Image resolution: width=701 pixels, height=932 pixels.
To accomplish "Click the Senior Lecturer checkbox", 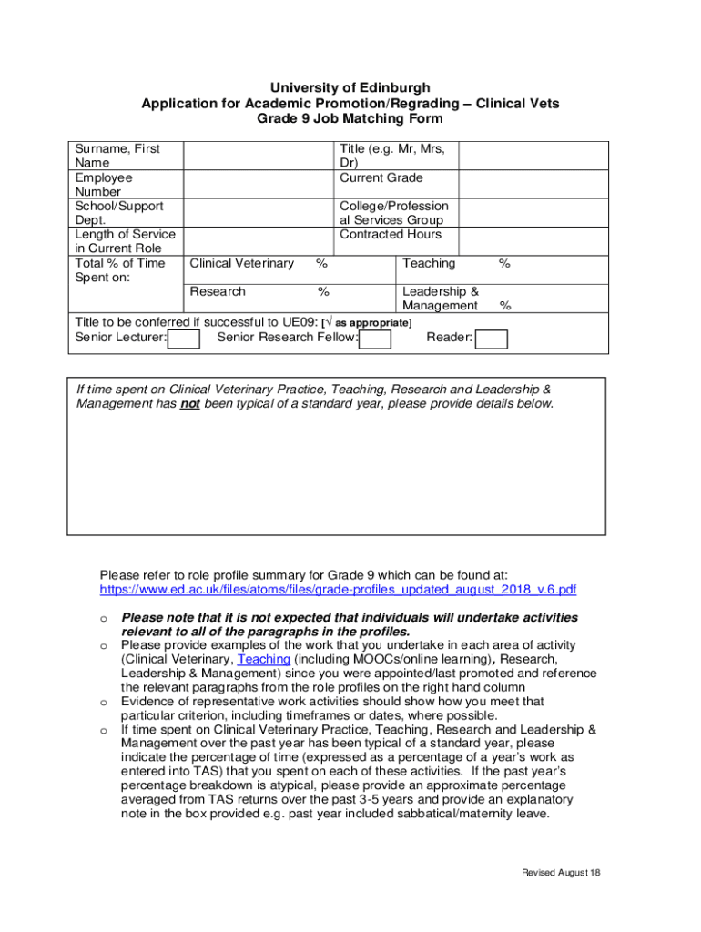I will click(184, 339).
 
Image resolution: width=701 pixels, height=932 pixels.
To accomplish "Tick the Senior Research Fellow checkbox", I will click(375, 339).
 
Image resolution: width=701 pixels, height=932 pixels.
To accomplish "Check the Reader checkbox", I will click(492, 339).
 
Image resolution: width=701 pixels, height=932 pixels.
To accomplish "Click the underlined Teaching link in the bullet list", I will click(263, 659).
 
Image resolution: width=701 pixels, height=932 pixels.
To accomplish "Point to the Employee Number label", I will click(104, 185).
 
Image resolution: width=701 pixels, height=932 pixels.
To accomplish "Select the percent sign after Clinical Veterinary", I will click(321, 264).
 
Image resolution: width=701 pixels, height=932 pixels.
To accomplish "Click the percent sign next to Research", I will click(322, 292).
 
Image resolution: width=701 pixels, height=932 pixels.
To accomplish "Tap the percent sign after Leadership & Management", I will click(505, 307).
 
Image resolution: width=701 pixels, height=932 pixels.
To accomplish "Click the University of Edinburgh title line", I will click(350, 87).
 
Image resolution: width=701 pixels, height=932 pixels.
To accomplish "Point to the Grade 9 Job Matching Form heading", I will click(350, 118).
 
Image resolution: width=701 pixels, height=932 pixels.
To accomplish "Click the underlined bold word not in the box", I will click(189, 404).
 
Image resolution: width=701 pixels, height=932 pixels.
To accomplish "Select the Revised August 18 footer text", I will click(560, 873).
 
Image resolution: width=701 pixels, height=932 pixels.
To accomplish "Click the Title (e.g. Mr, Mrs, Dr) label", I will click(397, 155).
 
